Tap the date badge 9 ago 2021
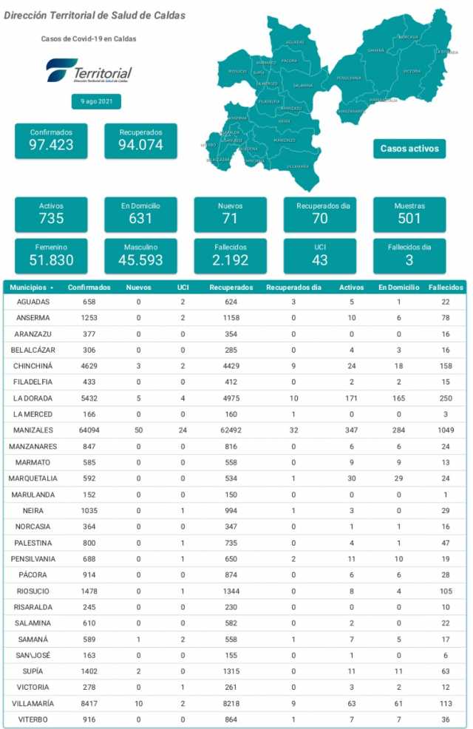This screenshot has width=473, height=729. (96, 101)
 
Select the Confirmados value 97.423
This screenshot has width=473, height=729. (51, 145)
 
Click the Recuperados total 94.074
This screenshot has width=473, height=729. (140, 145)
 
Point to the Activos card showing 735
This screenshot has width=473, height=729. (51, 214)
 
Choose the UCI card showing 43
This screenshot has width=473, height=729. (320, 255)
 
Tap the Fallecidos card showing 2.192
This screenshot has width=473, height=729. (231, 255)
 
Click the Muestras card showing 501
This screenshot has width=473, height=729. (409, 214)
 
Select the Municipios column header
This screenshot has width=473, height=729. (31, 287)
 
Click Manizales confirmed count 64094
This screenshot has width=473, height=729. (89, 430)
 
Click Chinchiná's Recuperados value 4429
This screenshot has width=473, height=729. (231, 366)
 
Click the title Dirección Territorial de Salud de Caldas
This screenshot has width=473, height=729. (95, 16)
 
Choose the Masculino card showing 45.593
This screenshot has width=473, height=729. (140, 255)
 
